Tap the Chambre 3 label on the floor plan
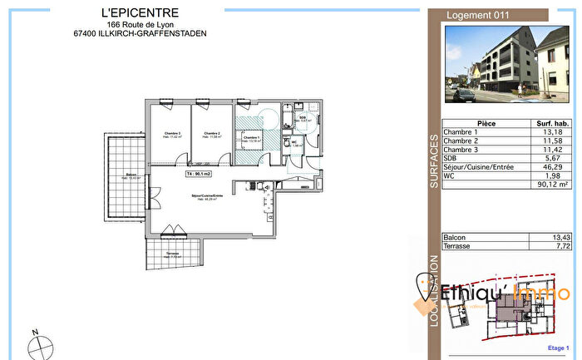(x=172, y=133)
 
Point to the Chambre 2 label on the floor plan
(x=212, y=133)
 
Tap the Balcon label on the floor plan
(x=131, y=175)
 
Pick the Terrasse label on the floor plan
(x=172, y=254)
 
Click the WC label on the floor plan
(x=294, y=143)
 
